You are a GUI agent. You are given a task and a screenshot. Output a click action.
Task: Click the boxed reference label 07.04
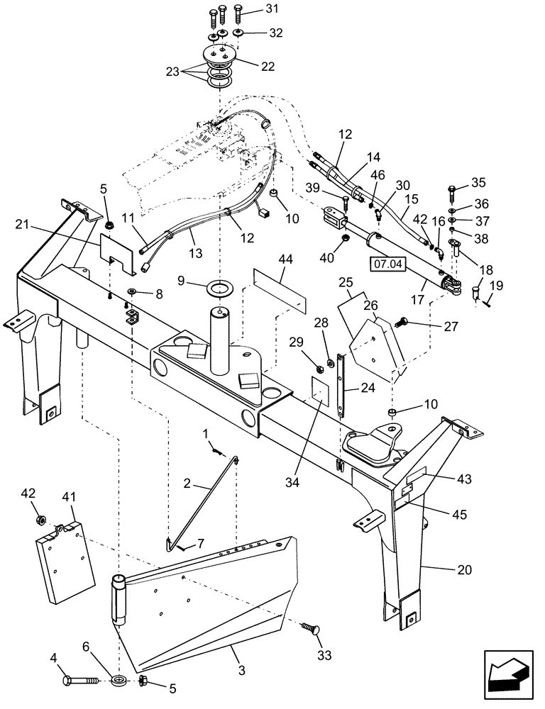click(x=386, y=265)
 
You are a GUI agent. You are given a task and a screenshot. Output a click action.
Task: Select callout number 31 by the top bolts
click(x=253, y=9)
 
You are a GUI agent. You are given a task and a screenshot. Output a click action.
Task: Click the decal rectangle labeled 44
click(x=280, y=284)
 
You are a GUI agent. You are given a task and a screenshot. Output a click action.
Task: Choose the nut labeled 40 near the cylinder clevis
click(x=342, y=238)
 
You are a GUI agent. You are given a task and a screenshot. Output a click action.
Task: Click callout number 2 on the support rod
click(x=187, y=484)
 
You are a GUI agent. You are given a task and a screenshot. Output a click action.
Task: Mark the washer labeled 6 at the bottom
click(x=119, y=681)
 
